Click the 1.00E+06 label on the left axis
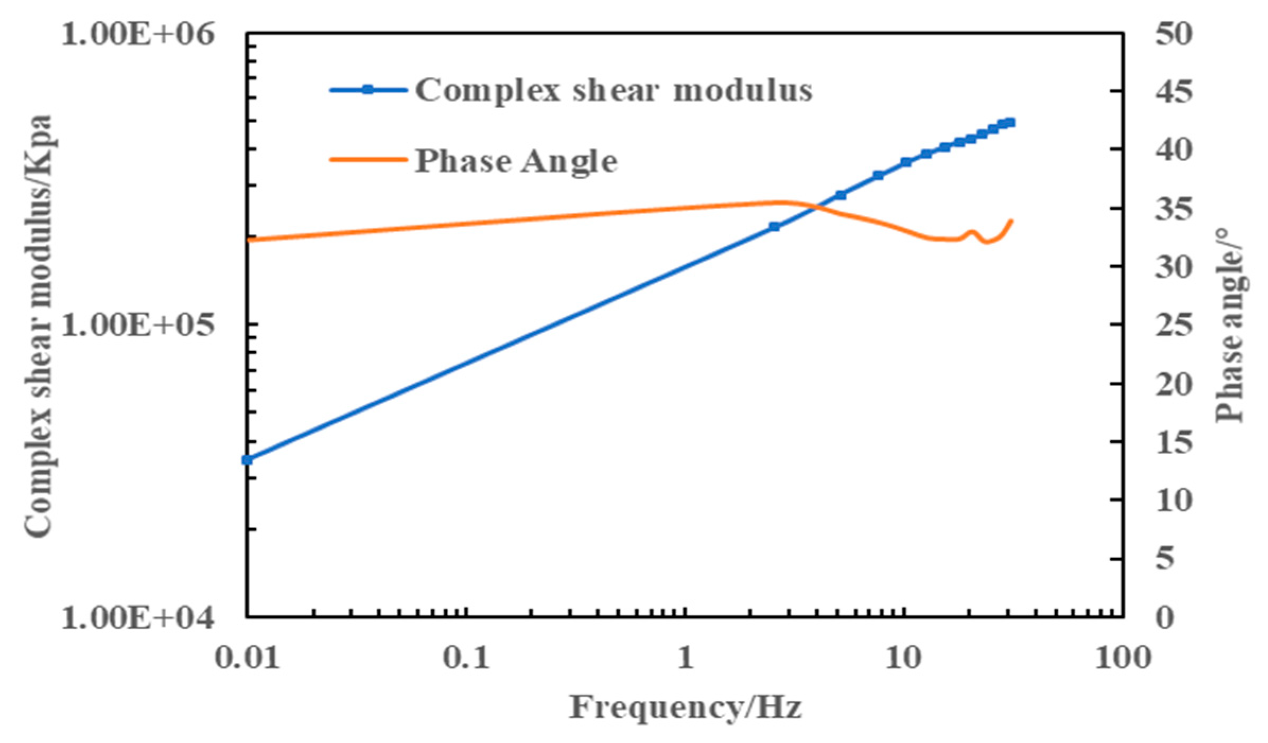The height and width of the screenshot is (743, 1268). [x=138, y=35]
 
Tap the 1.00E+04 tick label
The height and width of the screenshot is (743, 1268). [x=138, y=617]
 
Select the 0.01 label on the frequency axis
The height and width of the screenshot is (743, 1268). [x=247, y=658]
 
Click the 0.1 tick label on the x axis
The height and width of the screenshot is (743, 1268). [x=466, y=658]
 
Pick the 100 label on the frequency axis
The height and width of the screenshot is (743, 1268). [x=1123, y=658]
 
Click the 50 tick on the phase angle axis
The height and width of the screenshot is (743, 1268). [x=1174, y=35]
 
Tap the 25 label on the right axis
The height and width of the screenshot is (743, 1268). [x=1174, y=325]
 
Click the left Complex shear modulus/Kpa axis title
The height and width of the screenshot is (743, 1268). [x=38, y=326]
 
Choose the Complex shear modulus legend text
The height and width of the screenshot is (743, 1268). [x=613, y=90]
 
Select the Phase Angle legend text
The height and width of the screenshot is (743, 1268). [x=516, y=161]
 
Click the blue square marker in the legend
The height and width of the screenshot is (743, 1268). [x=368, y=90]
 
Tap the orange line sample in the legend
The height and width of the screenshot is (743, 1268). [x=368, y=160]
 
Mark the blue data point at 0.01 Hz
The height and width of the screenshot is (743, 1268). [x=247, y=460]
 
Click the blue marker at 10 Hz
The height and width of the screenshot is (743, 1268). [x=906, y=162]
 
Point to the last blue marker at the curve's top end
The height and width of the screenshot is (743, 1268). [x=1010, y=123]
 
